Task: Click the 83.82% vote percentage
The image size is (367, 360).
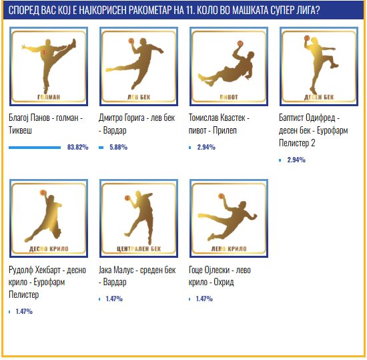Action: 77,147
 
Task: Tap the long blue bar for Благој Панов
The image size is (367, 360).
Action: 35,148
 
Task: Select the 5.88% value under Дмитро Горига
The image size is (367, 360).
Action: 118,147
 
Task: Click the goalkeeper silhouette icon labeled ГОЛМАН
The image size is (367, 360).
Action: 49,66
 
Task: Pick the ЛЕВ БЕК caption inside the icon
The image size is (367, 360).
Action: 139,98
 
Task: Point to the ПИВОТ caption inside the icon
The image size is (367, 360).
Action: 229,98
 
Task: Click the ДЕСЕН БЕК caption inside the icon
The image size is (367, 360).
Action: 319,98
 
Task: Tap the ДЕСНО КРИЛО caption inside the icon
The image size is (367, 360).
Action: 49,249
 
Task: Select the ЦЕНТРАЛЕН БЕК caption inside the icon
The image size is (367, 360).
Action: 139,249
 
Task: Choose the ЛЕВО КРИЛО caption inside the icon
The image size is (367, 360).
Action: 229,249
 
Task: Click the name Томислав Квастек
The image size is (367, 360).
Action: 217,118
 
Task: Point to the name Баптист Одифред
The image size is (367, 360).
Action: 307,118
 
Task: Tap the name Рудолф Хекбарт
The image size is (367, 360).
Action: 35,270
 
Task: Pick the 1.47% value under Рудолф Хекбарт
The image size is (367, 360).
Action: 24,311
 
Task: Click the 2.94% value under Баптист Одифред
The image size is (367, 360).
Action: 296,160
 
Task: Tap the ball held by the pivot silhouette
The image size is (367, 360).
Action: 240,43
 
